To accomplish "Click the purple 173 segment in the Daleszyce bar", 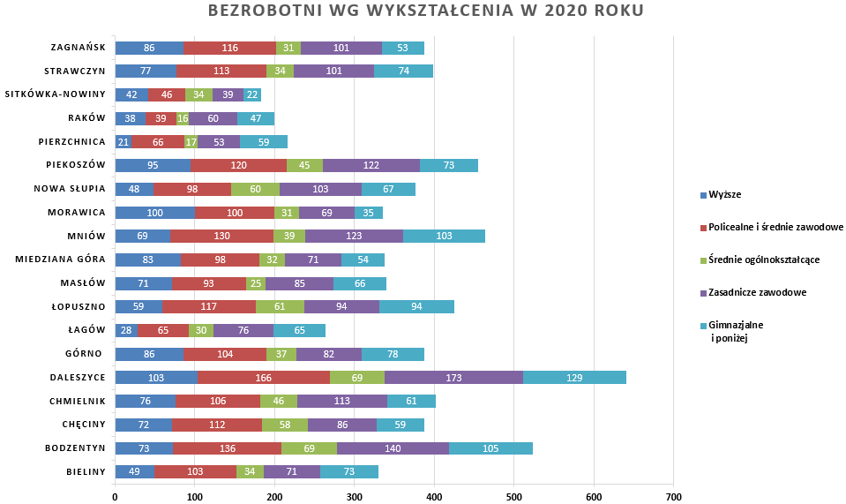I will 454,377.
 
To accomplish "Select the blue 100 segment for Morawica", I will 154,213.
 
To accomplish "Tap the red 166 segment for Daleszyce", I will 263,377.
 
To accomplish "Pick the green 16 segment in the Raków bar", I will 183,118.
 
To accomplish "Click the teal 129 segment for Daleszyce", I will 574,377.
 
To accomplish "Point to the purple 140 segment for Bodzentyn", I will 393,448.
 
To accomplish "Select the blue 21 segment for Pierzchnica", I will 124,142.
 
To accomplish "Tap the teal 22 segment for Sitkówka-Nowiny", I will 252,94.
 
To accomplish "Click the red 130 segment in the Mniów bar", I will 221,236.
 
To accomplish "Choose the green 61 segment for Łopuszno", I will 280,307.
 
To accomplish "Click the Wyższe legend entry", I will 722,194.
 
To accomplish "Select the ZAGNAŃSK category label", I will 79,48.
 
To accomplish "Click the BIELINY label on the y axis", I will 86,472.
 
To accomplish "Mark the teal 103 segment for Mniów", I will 444,236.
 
